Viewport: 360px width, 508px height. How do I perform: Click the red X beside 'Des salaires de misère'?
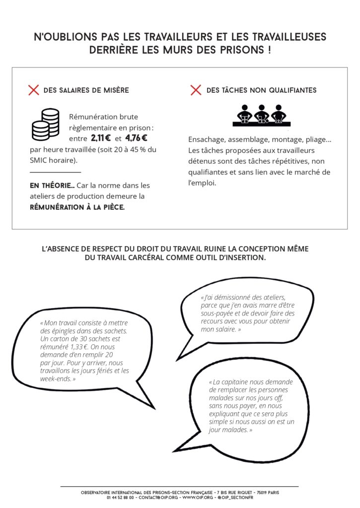(33, 90)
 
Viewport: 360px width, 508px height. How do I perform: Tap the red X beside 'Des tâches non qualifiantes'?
(196, 90)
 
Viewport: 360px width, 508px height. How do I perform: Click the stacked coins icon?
(45, 125)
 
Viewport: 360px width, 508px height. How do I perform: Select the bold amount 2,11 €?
(100, 138)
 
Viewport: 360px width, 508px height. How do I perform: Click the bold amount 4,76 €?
(136, 138)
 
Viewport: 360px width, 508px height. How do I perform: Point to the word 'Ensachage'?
(206, 140)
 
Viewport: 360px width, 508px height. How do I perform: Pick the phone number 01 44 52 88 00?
(120, 498)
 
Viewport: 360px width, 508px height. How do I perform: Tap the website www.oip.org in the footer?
(198, 498)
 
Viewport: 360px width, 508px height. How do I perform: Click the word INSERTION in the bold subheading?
(244, 258)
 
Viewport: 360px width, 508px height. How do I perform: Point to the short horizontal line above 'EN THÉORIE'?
(55, 172)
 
